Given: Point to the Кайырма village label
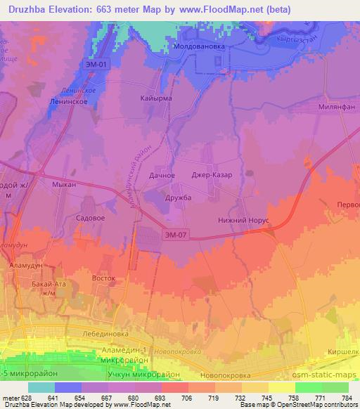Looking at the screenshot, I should coord(156,99).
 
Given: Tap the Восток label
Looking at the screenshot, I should coord(104,278).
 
